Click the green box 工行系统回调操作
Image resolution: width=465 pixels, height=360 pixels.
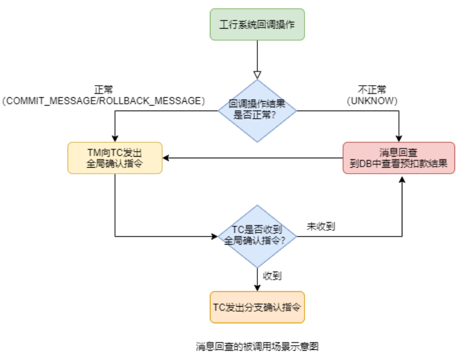257,24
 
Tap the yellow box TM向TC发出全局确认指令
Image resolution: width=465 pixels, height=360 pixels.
115,158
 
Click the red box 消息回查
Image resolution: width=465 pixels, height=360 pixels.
398,158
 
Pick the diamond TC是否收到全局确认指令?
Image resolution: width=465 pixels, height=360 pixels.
257,236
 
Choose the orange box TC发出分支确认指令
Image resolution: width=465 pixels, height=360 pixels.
257,307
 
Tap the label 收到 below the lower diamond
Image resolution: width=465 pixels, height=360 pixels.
272,276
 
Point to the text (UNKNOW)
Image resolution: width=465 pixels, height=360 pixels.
372,101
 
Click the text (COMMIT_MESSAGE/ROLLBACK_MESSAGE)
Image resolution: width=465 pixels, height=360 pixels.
103,101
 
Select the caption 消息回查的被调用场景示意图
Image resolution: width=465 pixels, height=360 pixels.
257,347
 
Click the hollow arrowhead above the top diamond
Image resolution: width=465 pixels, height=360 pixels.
257,75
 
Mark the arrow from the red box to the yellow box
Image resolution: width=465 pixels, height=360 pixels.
253,158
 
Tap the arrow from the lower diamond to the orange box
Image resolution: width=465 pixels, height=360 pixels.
257,278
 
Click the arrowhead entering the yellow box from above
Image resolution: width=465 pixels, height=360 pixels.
115,139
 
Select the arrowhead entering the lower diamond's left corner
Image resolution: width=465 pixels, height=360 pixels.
214,237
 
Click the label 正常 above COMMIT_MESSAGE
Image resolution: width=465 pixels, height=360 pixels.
103,90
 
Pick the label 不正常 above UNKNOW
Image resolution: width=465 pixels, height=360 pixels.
372,90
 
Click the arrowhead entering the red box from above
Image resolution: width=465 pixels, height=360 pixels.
398,139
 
